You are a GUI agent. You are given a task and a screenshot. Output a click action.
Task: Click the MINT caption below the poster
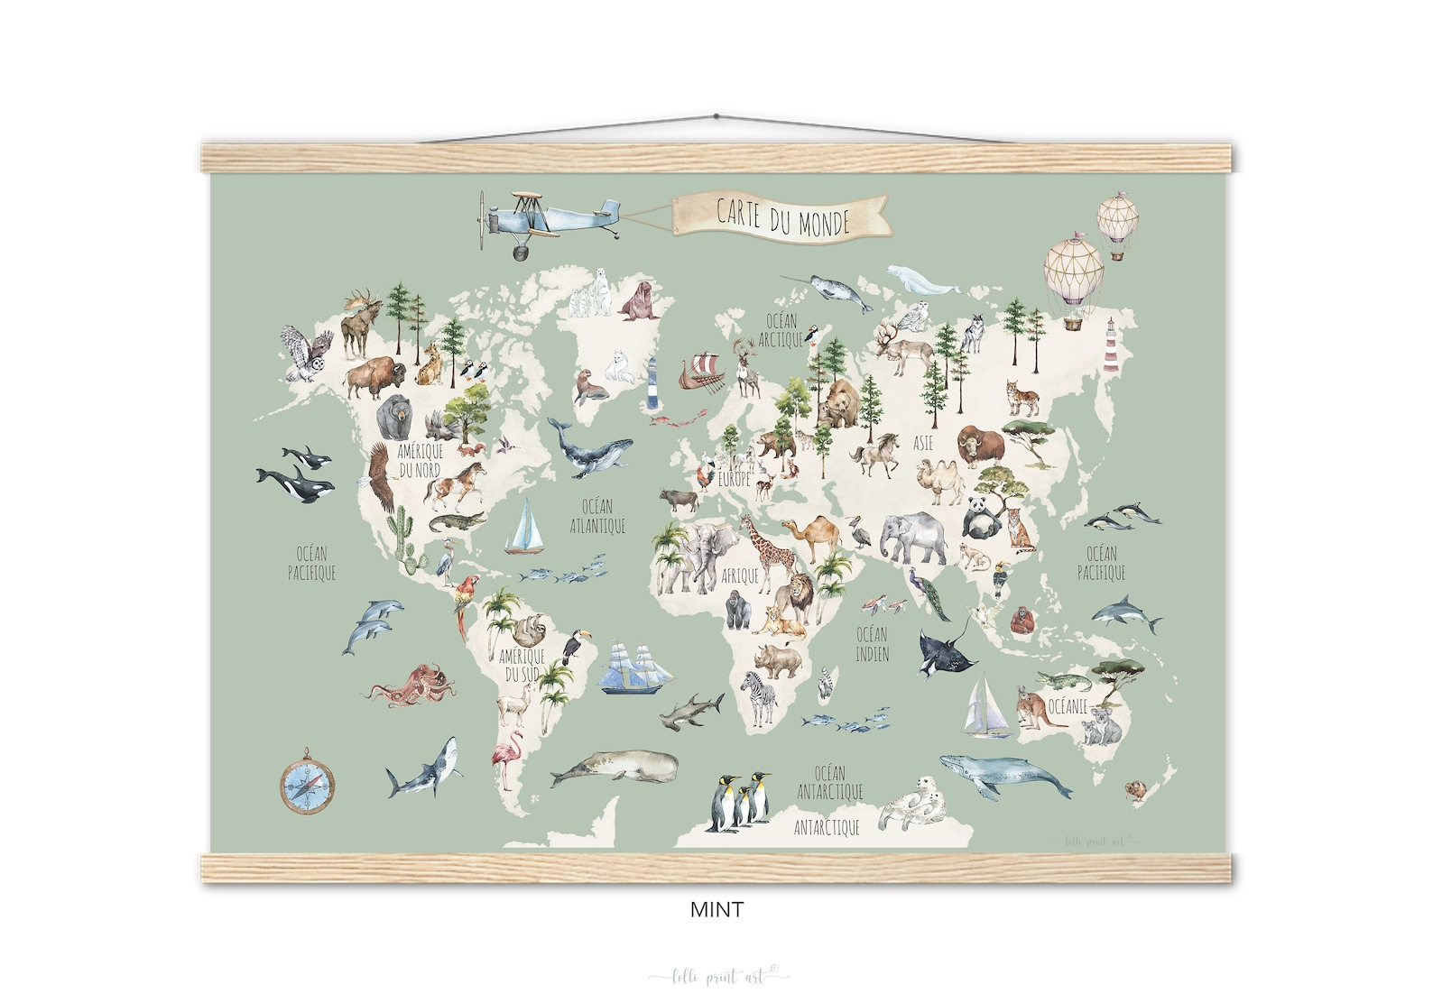pyautogui.click(x=716, y=910)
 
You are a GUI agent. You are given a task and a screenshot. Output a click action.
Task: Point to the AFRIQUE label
pyautogui.click(x=741, y=575)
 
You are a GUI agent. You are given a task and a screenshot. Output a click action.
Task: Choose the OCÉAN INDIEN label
pyautogui.click(x=872, y=643)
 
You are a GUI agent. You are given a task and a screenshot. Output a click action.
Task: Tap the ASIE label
pyautogui.click(x=923, y=444)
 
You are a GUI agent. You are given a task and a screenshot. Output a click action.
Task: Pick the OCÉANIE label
pyautogui.click(x=1068, y=706)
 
